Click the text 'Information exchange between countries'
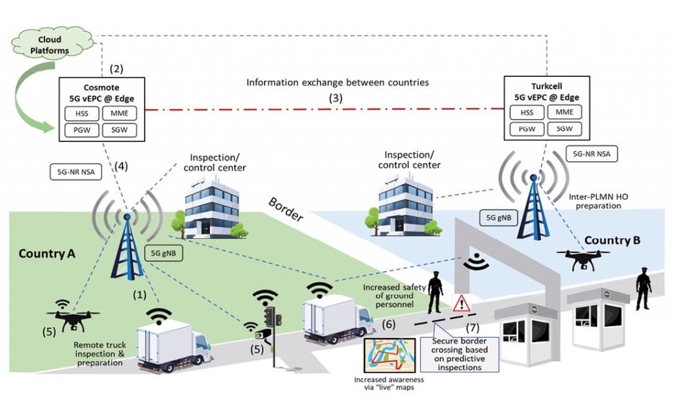[x=338, y=83]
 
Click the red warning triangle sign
[x=462, y=303]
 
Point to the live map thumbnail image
[x=389, y=356]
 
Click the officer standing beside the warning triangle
[x=435, y=291]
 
